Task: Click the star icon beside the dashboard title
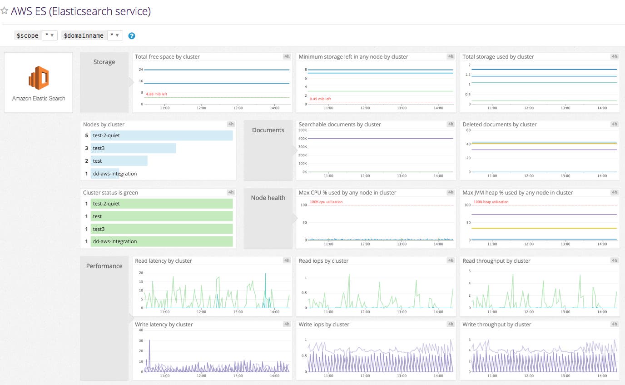pos(5,11)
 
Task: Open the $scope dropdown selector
pos(50,35)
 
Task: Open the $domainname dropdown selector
pos(115,35)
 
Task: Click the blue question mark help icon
pos(132,36)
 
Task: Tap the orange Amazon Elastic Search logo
pos(39,78)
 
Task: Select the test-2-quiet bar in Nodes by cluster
pos(161,135)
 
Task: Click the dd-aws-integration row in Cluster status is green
pos(161,241)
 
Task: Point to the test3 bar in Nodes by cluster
pos(133,148)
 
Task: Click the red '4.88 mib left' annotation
pos(156,94)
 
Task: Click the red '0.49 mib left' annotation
pos(320,99)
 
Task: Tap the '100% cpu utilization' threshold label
pos(326,202)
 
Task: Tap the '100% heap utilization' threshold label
pos(491,202)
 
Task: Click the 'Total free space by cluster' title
pos(167,57)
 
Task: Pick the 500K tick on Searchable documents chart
pos(303,130)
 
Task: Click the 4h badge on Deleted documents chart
pos(614,124)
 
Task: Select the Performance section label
pos(104,266)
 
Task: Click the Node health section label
pos(268,198)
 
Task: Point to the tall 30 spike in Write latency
pos(149,341)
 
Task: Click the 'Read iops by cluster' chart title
pos(323,261)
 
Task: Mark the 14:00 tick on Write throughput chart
pos(602,376)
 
